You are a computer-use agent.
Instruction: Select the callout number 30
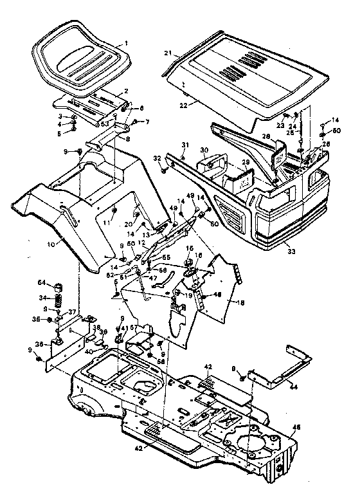(x=204, y=151)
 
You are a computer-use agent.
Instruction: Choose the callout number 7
(x=146, y=121)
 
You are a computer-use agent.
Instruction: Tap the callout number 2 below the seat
(x=126, y=91)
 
